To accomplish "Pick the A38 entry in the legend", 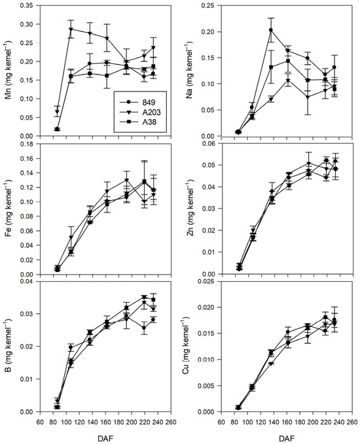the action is [138, 122].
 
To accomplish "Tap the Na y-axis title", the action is [189, 71].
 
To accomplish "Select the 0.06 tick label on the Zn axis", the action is [211, 143].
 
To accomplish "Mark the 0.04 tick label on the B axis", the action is [30, 281].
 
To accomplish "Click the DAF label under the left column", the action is [105, 439].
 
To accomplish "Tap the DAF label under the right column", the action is [286, 439].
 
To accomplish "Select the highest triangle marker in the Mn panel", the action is [71, 29].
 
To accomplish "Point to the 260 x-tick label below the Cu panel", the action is [352, 422].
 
